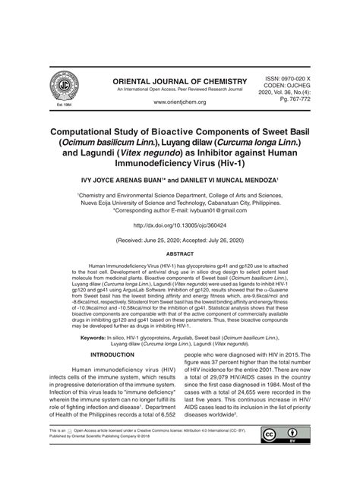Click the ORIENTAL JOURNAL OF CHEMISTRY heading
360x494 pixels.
[180, 81]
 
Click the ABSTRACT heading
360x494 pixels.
[180, 254]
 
